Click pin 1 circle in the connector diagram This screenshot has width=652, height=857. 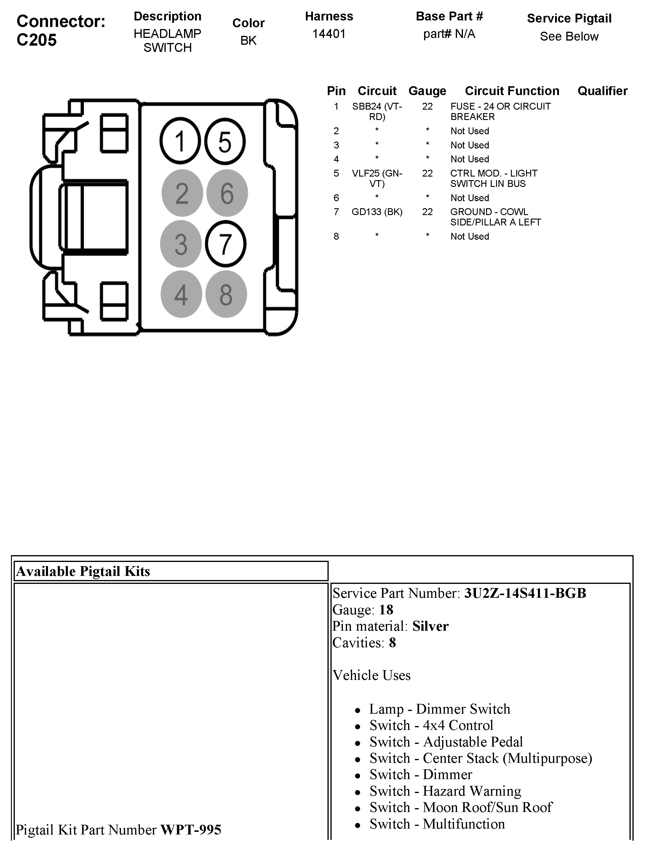(180, 142)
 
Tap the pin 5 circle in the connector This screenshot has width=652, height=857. (225, 142)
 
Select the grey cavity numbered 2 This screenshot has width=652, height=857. (182, 193)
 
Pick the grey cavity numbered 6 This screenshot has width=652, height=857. (227, 193)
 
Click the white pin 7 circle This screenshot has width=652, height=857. (226, 244)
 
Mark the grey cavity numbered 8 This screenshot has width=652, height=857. (226, 294)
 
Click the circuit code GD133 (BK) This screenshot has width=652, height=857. (377, 212)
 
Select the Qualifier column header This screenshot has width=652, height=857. (602, 91)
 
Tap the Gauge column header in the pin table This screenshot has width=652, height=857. (427, 91)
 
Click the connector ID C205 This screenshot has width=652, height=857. (37, 40)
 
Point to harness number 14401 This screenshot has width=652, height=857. (329, 34)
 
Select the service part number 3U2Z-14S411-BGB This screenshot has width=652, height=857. (525, 593)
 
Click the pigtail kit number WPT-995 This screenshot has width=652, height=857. (191, 830)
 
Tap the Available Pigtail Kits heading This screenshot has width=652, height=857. (83, 571)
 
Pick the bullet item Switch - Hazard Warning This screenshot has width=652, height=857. (445, 791)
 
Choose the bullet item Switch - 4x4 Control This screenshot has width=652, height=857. (431, 725)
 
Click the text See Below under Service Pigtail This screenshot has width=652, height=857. (569, 36)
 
